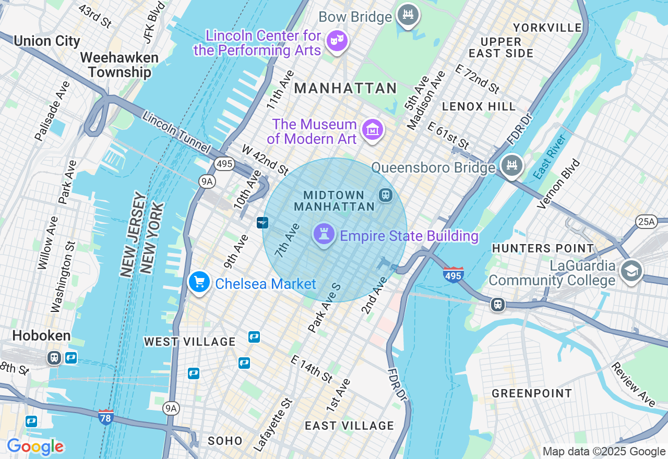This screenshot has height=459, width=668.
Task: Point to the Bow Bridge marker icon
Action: pyautogui.click(x=408, y=15)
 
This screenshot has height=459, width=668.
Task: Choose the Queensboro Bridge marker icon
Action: pyautogui.click(x=511, y=166)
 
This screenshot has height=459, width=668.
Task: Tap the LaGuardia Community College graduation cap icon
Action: pyautogui.click(x=631, y=271)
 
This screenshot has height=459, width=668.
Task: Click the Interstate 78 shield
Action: pyautogui.click(x=106, y=417)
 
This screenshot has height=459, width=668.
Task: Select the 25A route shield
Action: pyautogui.click(x=646, y=222)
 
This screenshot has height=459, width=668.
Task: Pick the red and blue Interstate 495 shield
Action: pyautogui.click(x=453, y=274)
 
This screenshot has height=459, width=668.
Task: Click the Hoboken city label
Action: pyautogui.click(x=41, y=335)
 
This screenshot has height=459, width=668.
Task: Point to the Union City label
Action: pyautogui.click(x=47, y=41)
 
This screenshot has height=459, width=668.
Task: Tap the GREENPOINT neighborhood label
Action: pyautogui.click(x=532, y=393)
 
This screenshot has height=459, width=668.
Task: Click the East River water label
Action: pyautogui.click(x=550, y=157)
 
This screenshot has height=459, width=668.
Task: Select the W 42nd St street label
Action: pyautogui.click(x=265, y=160)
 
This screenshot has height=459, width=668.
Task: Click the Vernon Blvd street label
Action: pyautogui.click(x=558, y=184)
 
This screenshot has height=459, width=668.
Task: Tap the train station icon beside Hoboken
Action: pyautogui.click(x=54, y=358)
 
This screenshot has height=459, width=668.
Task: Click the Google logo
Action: pyautogui.click(x=35, y=446)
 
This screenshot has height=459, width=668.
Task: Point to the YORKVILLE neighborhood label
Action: pyautogui.click(x=547, y=28)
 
